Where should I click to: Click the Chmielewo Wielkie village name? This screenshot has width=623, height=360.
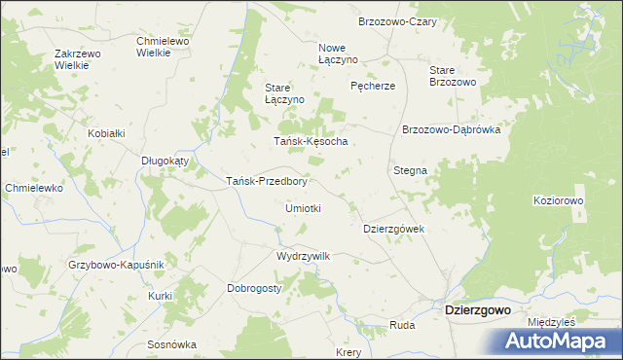pyautogui.click(x=167, y=47)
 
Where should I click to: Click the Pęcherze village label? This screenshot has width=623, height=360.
pyautogui.click(x=373, y=86)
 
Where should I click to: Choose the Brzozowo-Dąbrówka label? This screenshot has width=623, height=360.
pyautogui.click(x=451, y=129)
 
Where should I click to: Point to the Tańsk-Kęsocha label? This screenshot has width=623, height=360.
pyautogui.click(x=311, y=141)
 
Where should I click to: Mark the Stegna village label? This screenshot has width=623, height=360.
pyautogui.click(x=410, y=170)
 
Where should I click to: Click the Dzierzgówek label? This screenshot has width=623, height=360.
pyautogui.click(x=394, y=229)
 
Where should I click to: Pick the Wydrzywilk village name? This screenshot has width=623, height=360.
pyautogui.click(x=304, y=256)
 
